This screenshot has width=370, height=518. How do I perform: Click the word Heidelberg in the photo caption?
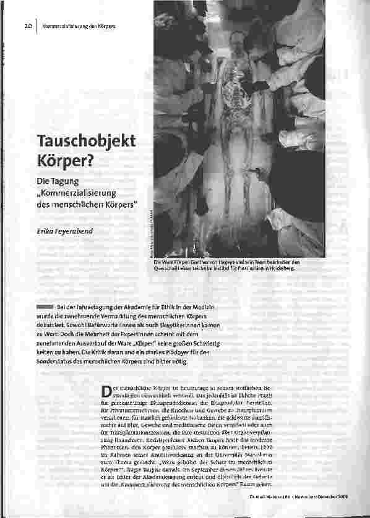tap(280, 270)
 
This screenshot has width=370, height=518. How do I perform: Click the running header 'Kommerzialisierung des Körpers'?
tap(79, 27)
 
